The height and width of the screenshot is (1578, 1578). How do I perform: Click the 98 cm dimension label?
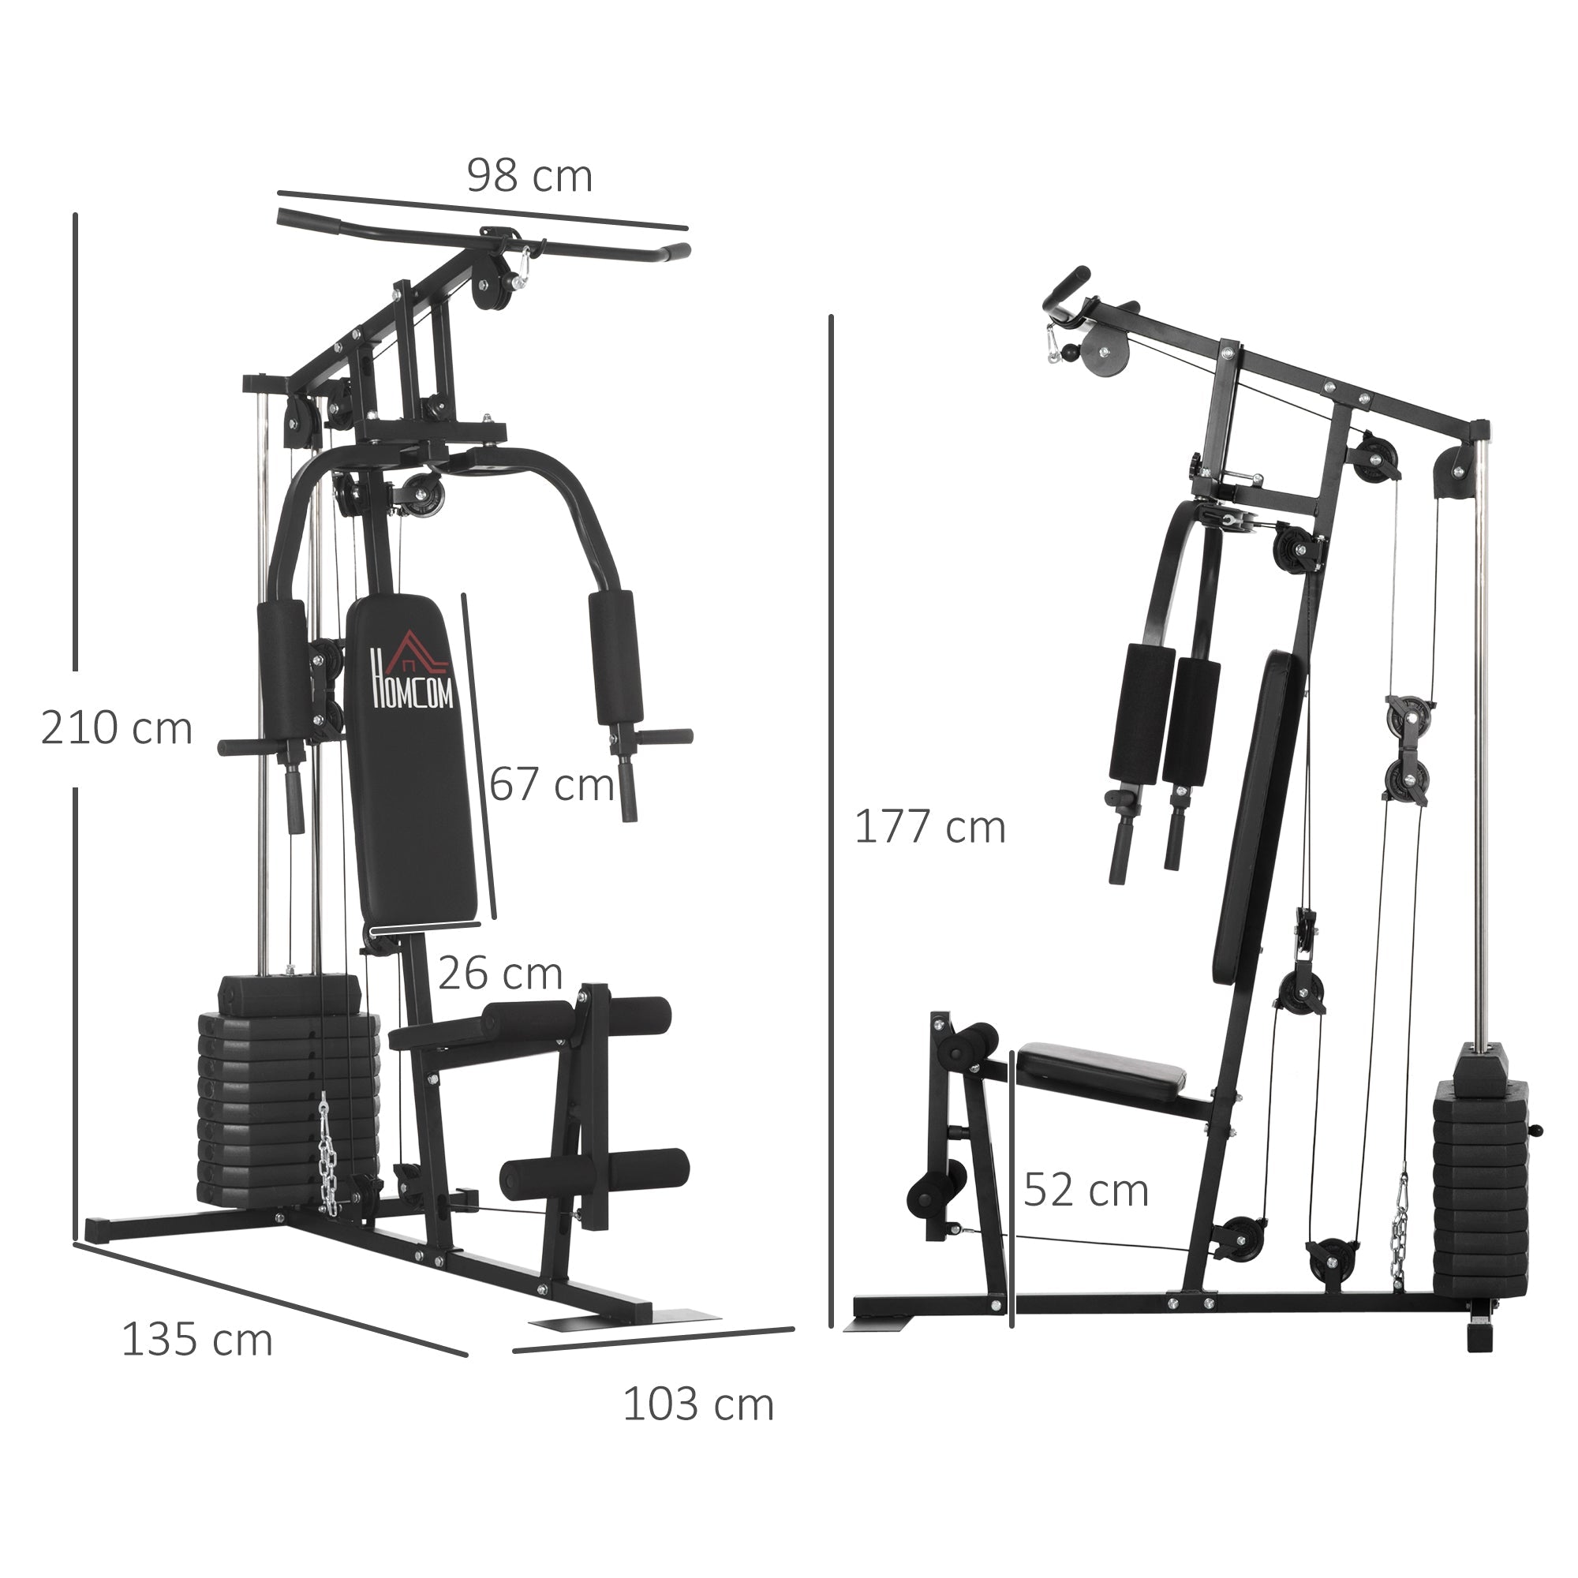[529, 177]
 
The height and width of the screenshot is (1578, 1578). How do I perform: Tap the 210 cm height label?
[116, 728]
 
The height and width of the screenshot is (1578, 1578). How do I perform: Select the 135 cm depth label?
[196, 1341]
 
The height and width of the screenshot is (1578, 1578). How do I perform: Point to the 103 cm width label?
[697, 1405]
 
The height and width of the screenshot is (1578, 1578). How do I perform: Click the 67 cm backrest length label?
[552, 785]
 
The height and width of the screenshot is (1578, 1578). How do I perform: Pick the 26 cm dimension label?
[500, 974]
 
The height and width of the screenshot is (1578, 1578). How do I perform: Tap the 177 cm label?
[929, 828]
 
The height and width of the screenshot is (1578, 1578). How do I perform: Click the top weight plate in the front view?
[288, 993]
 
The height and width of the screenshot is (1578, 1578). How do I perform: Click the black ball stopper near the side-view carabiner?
[1068, 353]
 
